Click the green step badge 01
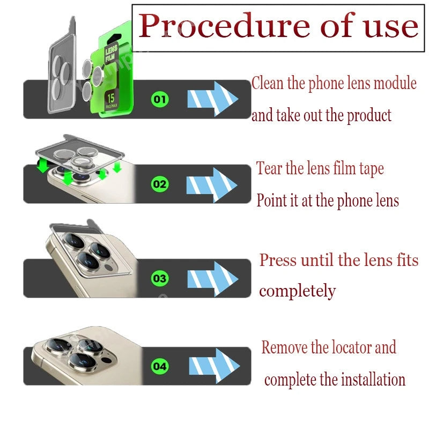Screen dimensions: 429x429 160,99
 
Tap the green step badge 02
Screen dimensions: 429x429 160,185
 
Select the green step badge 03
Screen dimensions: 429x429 160,279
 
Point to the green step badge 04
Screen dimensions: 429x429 160,367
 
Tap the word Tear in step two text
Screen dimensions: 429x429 269,168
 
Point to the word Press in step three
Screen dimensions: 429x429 278,261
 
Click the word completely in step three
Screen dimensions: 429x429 297,291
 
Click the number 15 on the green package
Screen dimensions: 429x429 110,99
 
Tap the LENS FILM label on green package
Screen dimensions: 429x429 114,53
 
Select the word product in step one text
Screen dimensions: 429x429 367,115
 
